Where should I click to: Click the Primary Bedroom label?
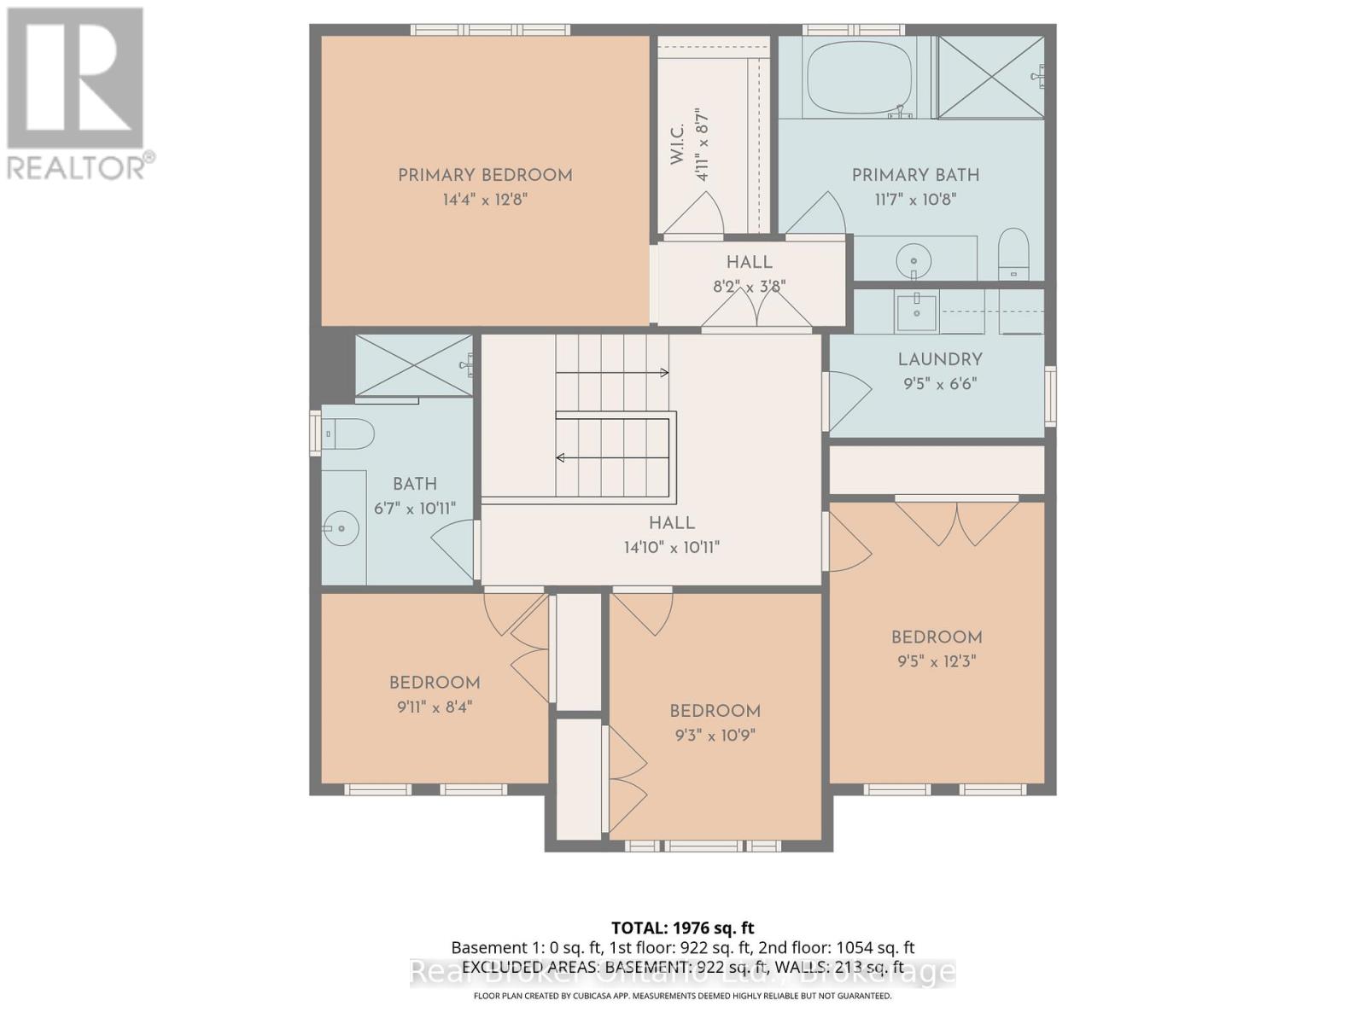coord(485,176)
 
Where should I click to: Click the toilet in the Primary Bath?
coord(1014,253)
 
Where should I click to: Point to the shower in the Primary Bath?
coord(990,77)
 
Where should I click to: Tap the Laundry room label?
coord(939,360)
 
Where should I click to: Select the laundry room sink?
coord(917,311)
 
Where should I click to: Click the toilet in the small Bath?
coord(348,434)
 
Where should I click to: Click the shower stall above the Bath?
coord(413,365)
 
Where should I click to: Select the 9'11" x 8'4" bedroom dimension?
coord(435,707)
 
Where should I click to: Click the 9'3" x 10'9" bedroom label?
coord(715,712)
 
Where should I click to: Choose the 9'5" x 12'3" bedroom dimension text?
coord(937,661)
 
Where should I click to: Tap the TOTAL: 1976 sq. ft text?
coord(682,928)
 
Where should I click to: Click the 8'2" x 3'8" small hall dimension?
coord(749,287)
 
